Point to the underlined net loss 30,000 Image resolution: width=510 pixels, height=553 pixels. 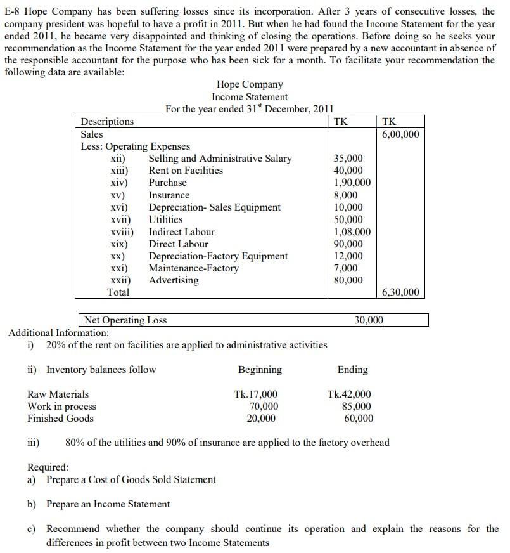pos(369,320)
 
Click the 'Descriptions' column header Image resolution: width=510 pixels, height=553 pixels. pos(107,122)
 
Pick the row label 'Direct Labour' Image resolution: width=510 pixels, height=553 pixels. pos(178,244)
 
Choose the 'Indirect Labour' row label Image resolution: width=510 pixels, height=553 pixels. pos(181,232)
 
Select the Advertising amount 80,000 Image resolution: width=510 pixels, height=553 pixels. pos(348,280)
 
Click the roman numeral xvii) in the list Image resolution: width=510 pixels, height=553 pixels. pos(120,220)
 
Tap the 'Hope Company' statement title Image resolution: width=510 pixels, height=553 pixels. pos(250,84)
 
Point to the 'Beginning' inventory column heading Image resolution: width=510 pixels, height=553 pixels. pos(260,370)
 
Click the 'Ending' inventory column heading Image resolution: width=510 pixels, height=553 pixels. pos(352,370)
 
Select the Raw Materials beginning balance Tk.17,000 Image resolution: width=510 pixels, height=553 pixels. pos(255,394)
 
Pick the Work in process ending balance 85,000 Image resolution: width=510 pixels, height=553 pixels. pos(357,407)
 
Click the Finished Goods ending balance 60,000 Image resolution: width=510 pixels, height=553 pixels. pos(358,419)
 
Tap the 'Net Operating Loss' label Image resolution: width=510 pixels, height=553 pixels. pos(125,320)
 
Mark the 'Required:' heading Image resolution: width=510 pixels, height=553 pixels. pos(48,467)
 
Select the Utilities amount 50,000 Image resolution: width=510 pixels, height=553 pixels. pos(348,220)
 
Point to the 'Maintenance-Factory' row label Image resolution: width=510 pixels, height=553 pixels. pos(193,268)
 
